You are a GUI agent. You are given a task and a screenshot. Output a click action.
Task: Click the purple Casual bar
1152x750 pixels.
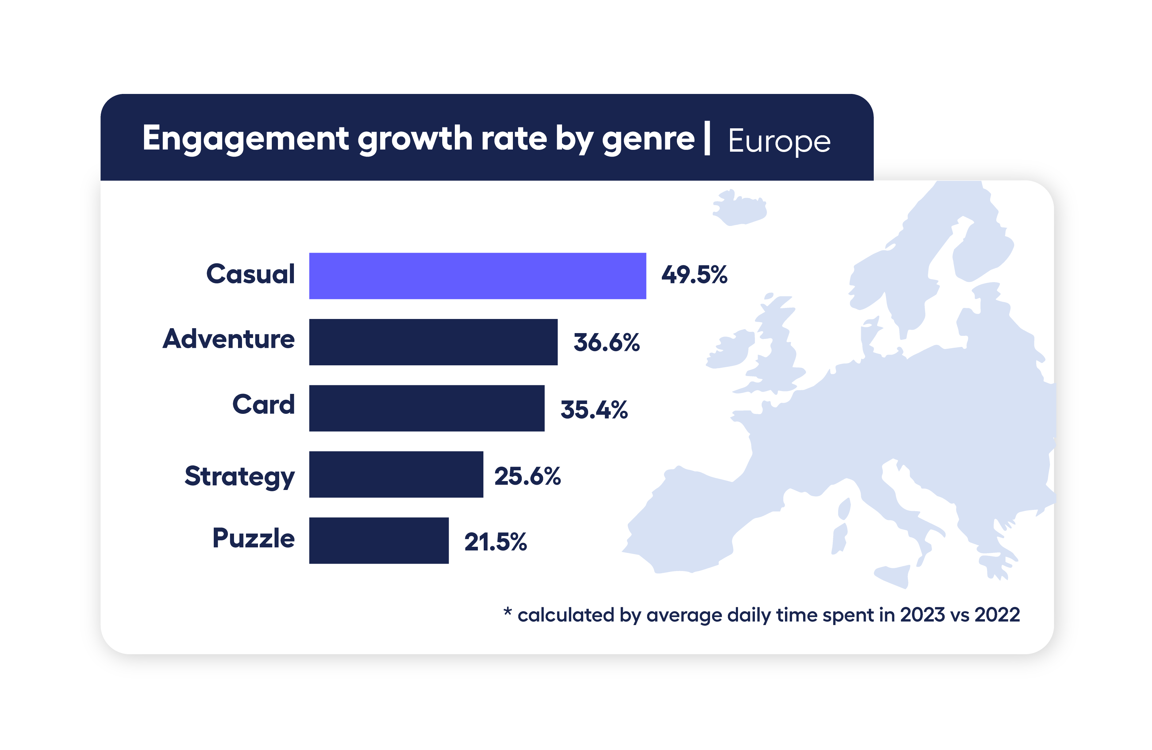[477, 276]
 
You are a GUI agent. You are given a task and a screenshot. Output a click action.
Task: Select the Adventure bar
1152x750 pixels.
[433, 342]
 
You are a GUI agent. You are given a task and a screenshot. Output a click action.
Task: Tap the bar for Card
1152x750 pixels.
[427, 408]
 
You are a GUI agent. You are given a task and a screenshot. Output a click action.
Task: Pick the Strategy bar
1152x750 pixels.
[396, 474]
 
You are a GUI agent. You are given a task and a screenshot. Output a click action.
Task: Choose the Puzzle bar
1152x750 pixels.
[378, 541]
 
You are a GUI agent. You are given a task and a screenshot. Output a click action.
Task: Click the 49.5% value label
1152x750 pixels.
[694, 275]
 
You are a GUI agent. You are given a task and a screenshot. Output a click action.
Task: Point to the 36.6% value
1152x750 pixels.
[607, 343]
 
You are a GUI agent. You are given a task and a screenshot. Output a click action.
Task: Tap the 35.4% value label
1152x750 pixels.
[594, 410]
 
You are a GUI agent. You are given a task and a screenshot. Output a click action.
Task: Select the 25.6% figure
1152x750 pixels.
[527, 476]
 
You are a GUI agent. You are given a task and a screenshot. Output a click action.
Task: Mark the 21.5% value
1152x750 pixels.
[495, 542]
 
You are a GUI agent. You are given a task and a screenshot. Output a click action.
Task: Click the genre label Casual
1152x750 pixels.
[250, 274]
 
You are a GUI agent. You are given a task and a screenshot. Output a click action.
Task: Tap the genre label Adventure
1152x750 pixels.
[228, 339]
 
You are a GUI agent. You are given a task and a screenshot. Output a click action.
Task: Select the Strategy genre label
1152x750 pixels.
[240, 476]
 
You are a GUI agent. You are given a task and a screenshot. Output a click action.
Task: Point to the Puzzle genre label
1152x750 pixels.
[253, 538]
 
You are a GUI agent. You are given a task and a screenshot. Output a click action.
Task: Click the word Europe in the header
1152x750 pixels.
[779, 141]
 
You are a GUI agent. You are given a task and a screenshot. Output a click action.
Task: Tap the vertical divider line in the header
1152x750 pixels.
[707, 138]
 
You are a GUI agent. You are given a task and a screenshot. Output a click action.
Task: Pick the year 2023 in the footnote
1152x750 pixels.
[922, 615]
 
